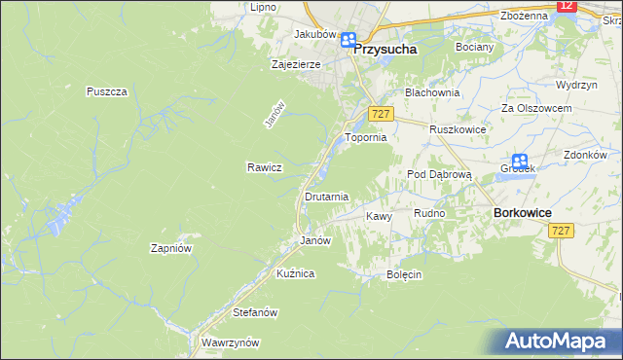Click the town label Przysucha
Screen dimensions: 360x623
pos(386,47)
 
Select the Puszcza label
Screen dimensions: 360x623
pos(106,91)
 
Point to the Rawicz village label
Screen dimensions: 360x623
pos(264,167)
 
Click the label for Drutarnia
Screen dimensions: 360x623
pos(326,197)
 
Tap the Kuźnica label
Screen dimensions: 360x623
pos(295,274)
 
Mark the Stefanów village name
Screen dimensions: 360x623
pos(256,312)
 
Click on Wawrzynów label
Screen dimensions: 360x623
pos(230,342)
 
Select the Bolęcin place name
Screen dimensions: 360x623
pos(403,274)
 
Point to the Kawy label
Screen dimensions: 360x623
pos(378,216)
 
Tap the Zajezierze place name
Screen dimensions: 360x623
pos(296,64)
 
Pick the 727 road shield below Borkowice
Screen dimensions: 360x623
pos(561,231)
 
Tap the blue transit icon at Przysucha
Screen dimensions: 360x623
pos(348,41)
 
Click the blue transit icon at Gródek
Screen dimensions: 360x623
pos(520,162)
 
